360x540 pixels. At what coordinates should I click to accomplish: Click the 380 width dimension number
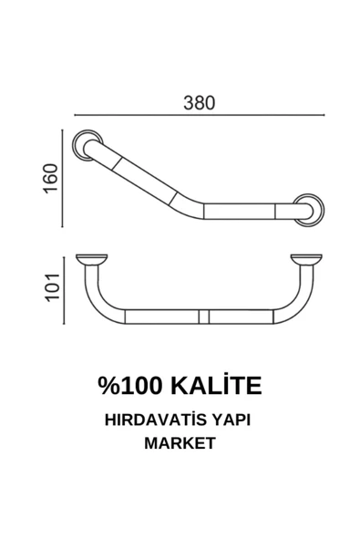(x=199, y=102)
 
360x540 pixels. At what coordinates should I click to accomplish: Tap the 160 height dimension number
(x=52, y=179)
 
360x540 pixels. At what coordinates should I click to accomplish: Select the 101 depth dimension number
(x=52, y=286)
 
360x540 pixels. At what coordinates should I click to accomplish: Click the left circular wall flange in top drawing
(x=89, y=145)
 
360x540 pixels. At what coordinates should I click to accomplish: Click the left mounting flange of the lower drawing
(x=91, y=259)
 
